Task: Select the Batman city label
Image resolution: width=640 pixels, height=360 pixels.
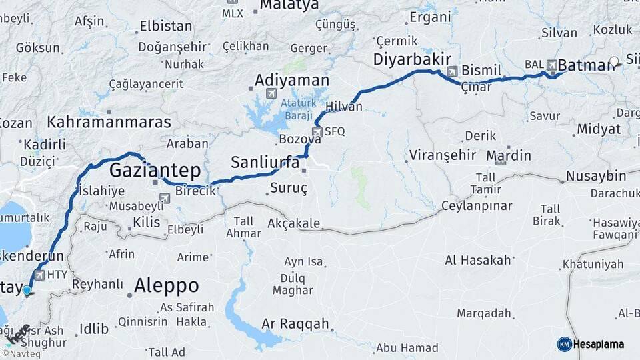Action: pos(585,65)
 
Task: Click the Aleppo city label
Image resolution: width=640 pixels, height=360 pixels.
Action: pos(167,286)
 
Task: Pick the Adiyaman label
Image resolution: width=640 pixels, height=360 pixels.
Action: pos(292,80)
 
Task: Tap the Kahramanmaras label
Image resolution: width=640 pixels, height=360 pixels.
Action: pos(109,123)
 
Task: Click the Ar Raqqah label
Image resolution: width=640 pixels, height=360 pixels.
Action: pos(295,324)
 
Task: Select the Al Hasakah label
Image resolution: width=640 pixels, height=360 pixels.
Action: pos(478,260)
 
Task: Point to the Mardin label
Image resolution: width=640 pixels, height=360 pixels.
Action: pos(509,156)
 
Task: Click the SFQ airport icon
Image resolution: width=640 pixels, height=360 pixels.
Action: pos(317,131)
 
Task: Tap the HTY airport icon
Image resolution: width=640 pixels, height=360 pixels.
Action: pos(39,275)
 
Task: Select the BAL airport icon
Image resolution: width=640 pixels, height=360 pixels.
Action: pos(551,65)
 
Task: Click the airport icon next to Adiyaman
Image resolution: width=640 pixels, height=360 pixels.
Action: pos(270,93)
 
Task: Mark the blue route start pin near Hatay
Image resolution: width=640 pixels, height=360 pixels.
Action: pos(27,290)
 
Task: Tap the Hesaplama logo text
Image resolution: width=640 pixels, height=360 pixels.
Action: pos(598,344)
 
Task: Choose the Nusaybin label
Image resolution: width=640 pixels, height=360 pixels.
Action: pos(595,177)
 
